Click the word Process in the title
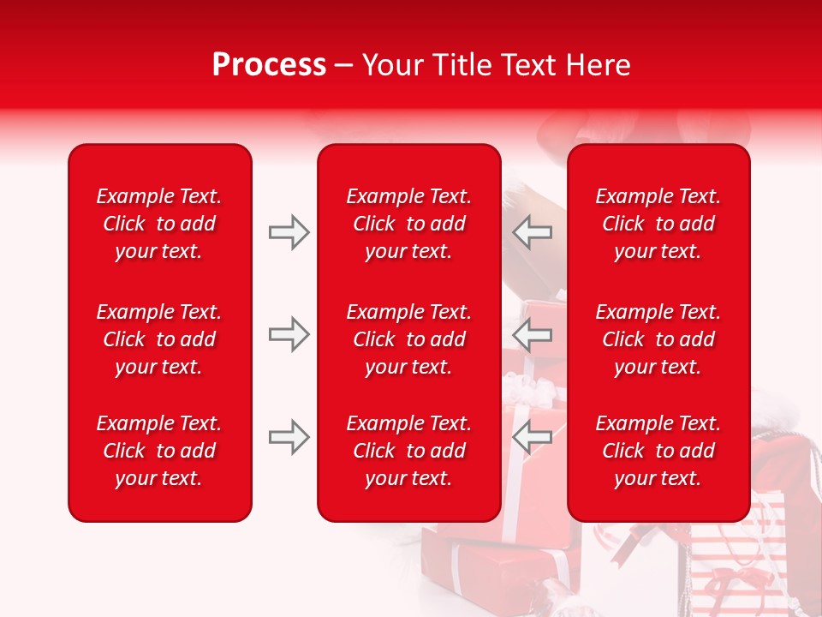269,65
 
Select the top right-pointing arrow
289,232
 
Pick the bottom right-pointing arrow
289,437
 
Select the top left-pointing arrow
533,232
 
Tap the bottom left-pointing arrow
533,437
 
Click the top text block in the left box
159,224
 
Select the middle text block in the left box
159,339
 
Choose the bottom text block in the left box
159,451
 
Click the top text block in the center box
408,224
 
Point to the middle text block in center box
408,339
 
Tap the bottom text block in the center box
408,451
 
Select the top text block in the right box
658,224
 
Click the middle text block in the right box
658,339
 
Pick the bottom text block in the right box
658,451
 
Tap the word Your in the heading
391,65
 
